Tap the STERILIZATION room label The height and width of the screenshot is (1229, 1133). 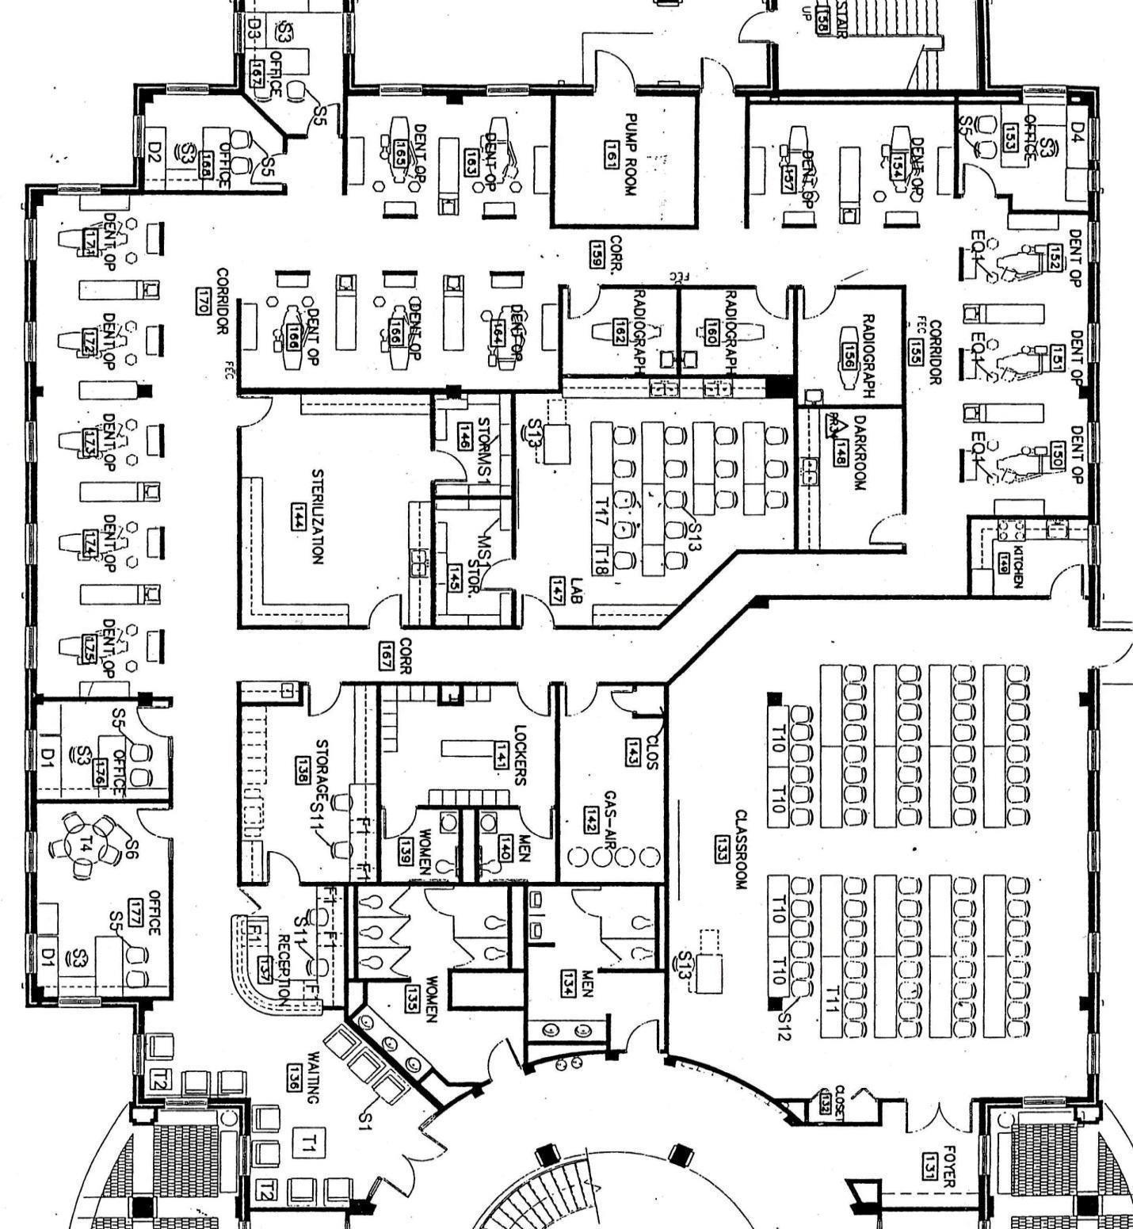pos(317,516)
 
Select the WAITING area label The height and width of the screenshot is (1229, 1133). pos(314,1078)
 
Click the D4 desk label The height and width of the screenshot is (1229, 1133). pos(1077,131)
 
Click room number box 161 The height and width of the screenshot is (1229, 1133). pos(611,151)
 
